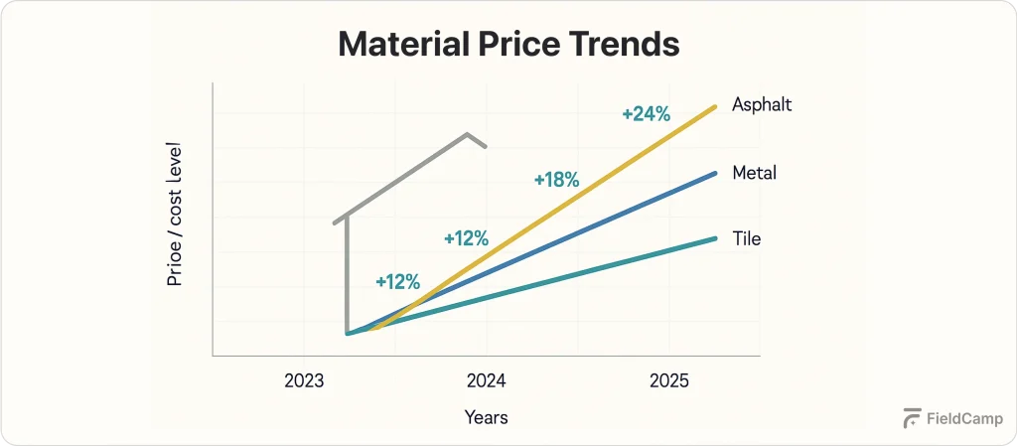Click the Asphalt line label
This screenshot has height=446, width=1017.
pos(762,104)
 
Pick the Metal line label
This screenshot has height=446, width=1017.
pos(754,173)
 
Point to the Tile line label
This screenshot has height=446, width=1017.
pos(746,238)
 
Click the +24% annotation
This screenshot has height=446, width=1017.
pos(647,114)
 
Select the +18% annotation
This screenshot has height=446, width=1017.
pos(556,180)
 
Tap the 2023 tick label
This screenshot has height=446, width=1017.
pos(304,381)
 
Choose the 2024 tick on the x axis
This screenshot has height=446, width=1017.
pos(487,381)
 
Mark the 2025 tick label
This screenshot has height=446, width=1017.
pos(669,381)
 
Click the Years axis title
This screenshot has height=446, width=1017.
pos(487,417)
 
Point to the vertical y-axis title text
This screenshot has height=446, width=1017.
pos(175,227)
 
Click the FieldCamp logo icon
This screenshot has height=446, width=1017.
pos(912,418)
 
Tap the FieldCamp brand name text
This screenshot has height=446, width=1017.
pos(963,418)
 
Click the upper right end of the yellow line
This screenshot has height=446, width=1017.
pos(715,105)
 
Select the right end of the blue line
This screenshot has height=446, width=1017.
pos(715,173)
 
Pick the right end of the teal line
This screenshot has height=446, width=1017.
pos(715,238)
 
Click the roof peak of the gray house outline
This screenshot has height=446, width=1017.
pos(467,133)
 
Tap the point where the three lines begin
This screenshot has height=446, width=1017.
pos(348,333)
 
